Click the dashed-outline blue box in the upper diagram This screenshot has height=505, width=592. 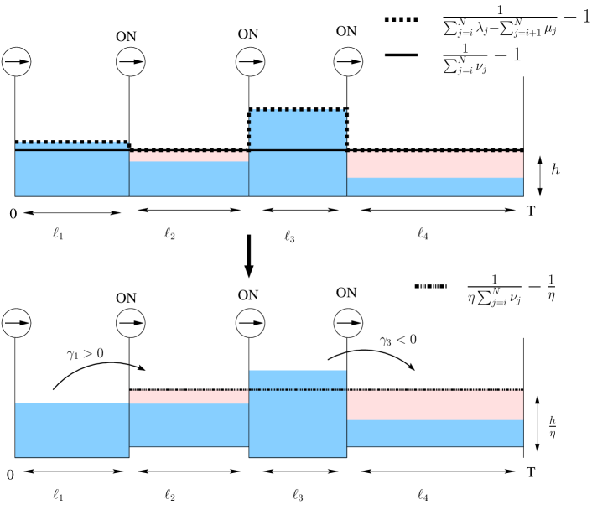pyautogui.click(x=298, y=130)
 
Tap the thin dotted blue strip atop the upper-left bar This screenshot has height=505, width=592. pyautogui.click(x=72, y=146)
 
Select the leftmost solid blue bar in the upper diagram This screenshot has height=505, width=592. pyautogui.click(x=72, y=174)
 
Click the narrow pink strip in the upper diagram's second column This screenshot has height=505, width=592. pyautogui.click(x=189, y=156)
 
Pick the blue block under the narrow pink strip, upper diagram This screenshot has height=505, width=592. pyautogui.click(x=189, y=179)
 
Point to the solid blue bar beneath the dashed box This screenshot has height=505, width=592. pyautogui.click(x=298, y=174)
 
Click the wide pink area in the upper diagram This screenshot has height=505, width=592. pyautogui.click(x=435, y=165)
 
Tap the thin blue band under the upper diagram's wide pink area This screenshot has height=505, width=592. pyautogui.click(x=435, y=187)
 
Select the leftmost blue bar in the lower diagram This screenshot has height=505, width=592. pyautogui.click(x=72, y=430)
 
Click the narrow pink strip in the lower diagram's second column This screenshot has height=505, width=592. pyautogui.click(x=189, y=397)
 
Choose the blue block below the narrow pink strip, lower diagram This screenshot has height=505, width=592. pyautogui.click(x=189, y=425)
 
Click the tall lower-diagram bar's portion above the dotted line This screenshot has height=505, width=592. pyautogui.click(x=298, y=379)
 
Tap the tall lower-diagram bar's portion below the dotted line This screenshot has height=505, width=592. pyautogui.click(x=298, y=424)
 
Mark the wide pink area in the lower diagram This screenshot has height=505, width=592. pyautogui.click(x=435, y=405)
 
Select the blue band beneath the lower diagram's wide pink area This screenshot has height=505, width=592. pyautogui.click(x=435, y=434)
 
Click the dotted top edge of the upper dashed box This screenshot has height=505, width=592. pyautogui.click(x=298, y=110)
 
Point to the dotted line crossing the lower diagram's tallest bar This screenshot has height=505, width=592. pyautogui.click(x=298, y=389)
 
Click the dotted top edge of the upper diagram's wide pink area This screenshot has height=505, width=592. pyautogui.click(x=435, y=152)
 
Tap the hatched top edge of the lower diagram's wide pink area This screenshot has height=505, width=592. pyautogui.click(x=435, y=390)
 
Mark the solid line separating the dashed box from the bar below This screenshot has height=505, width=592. pyautogui.click(x=298, y=150)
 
